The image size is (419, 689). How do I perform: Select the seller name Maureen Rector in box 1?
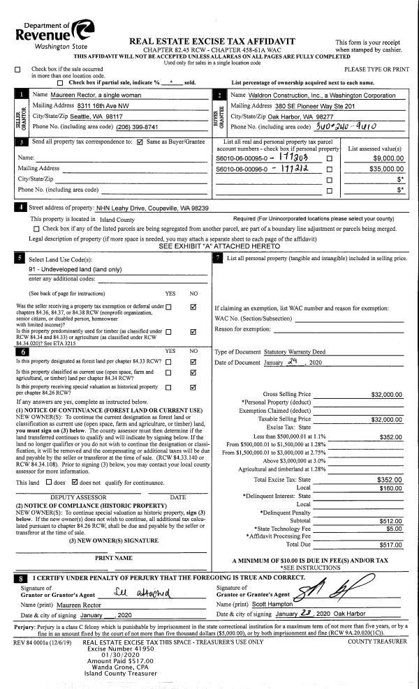77,94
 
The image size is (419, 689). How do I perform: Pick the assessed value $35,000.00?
387,169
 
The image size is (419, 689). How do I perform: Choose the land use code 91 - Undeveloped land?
75,268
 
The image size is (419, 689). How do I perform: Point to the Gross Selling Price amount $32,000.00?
386,394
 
